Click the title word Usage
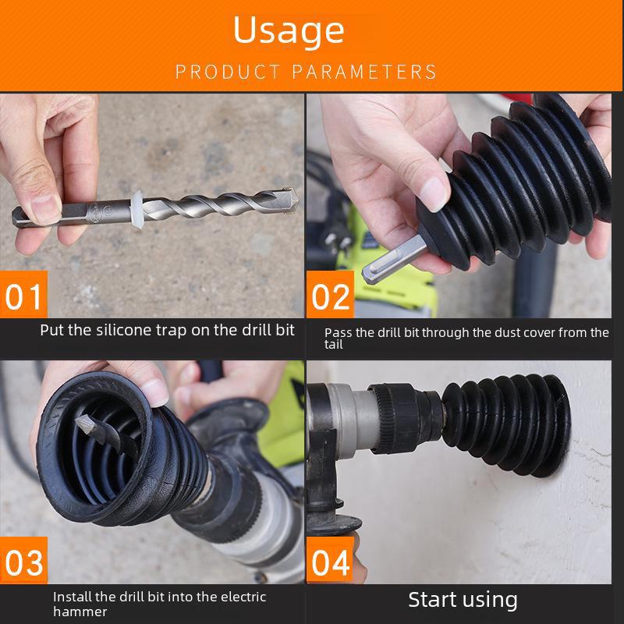point(289,31)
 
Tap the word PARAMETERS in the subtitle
point(364,73)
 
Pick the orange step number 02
point(331,297)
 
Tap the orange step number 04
point(331,562)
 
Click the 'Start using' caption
point(463,599)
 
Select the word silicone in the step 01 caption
point(126,330)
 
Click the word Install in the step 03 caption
point(71,597)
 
